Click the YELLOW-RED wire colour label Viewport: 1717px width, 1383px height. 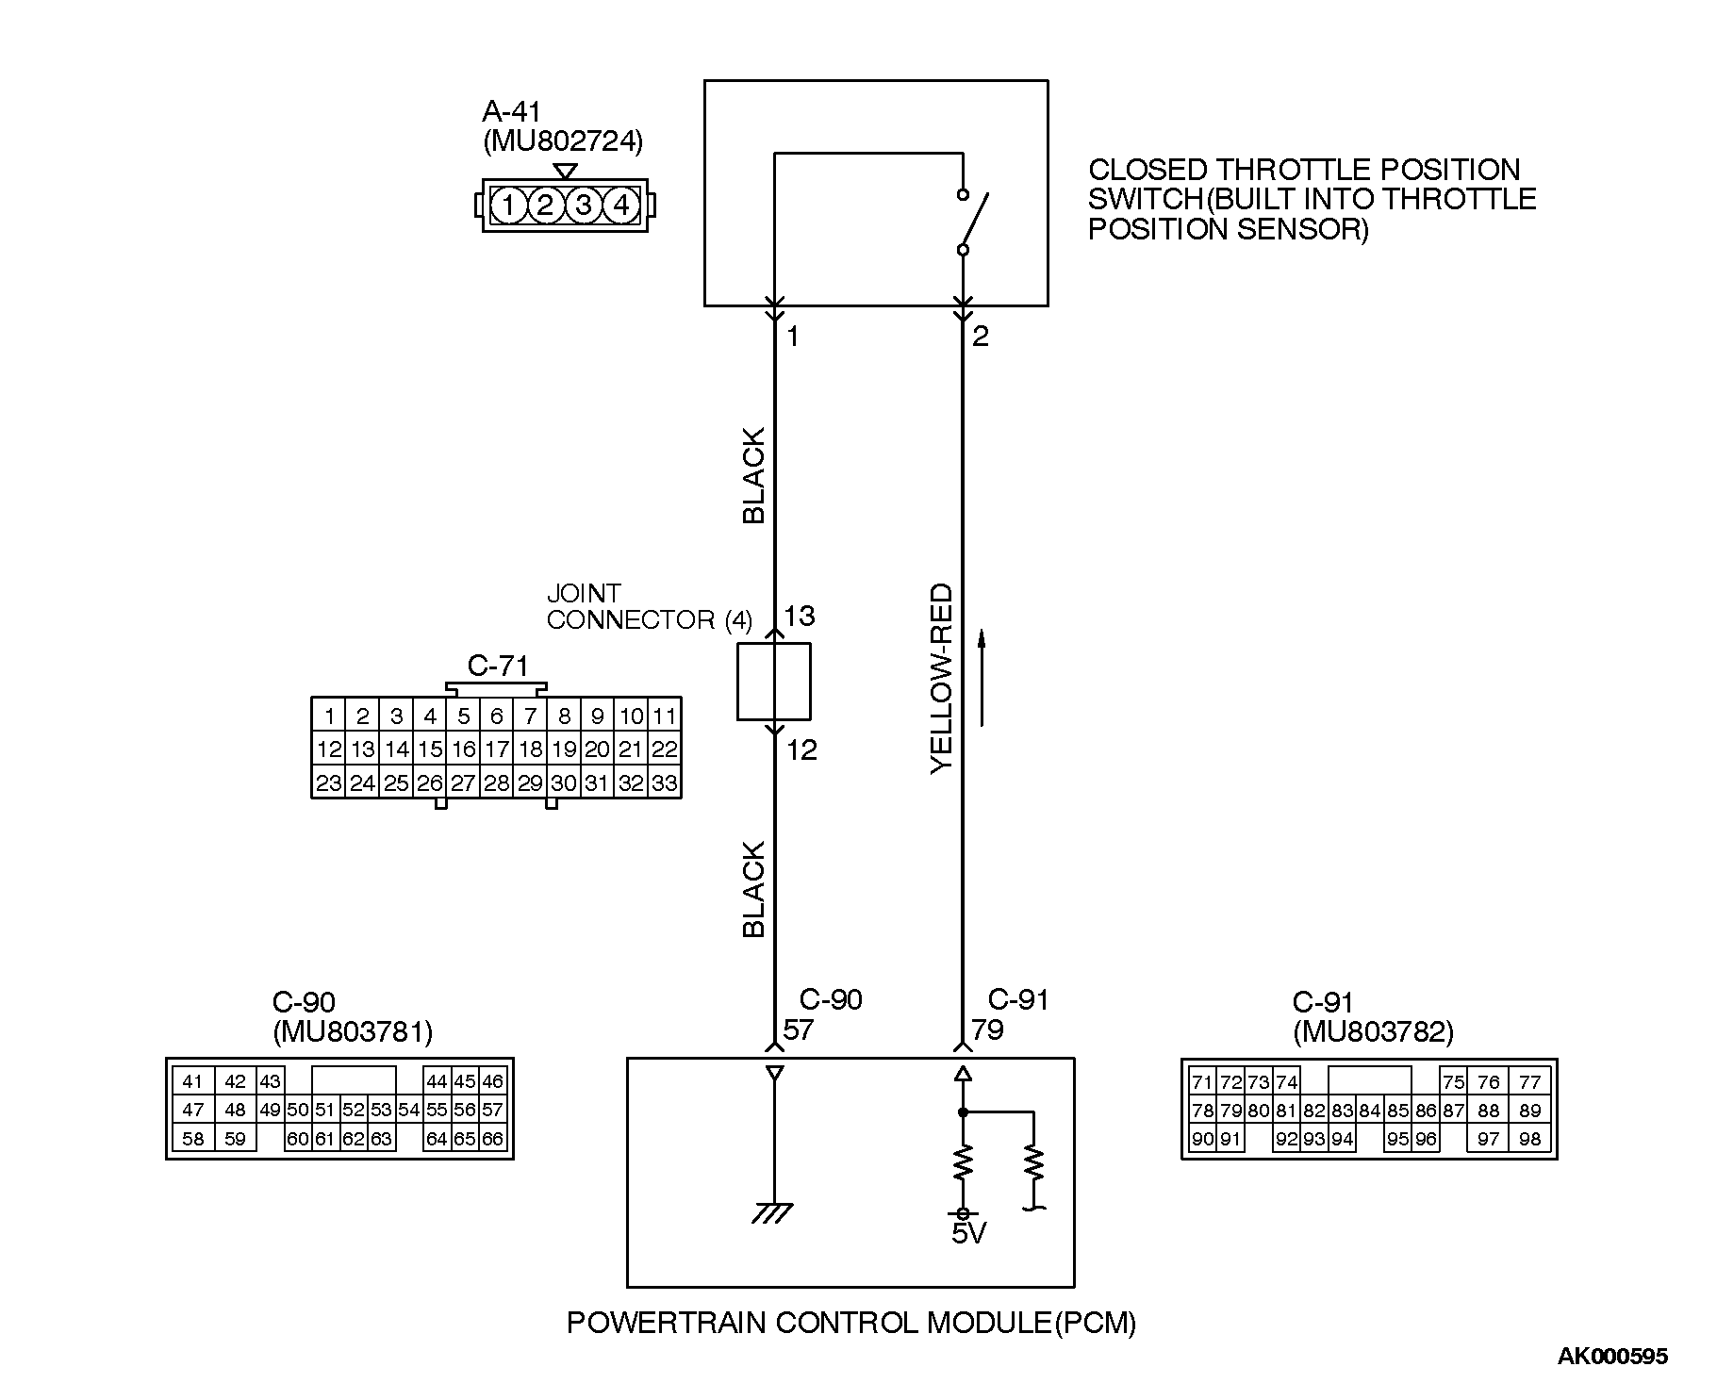click(x=942, y=679)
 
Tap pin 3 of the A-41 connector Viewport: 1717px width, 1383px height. click(x=584, y=205)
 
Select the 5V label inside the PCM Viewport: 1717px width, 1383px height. click(x=968, y=1233)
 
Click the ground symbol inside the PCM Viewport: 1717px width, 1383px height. click(x=773, y=1212)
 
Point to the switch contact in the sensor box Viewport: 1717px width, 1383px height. click(x=971, y=222)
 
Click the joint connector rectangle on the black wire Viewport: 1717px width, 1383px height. click(x=773, y=682)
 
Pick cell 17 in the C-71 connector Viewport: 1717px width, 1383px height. click(x=497, y=749)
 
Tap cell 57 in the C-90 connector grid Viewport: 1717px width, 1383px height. click(x=492, y=1111)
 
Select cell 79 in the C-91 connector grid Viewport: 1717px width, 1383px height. click(x=1230, y=1111)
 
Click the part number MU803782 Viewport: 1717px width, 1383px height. click(x=1373, y=1033)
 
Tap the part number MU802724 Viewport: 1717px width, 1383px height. click(x=563, y=142)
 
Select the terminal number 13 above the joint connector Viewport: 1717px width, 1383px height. click(x=799, y=617)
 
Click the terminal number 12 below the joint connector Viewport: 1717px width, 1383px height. click(x=801, y=750)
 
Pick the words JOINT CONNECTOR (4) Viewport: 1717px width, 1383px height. click(x=649, y=607)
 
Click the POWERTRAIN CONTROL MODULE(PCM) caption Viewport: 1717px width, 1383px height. click(x=850, y=1324)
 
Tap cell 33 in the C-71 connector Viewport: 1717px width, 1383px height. click(x=665, y=783)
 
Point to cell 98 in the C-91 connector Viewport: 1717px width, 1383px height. click(x=1529, y=1139)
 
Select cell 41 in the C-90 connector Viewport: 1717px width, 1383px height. click(x=192, y=1082)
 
